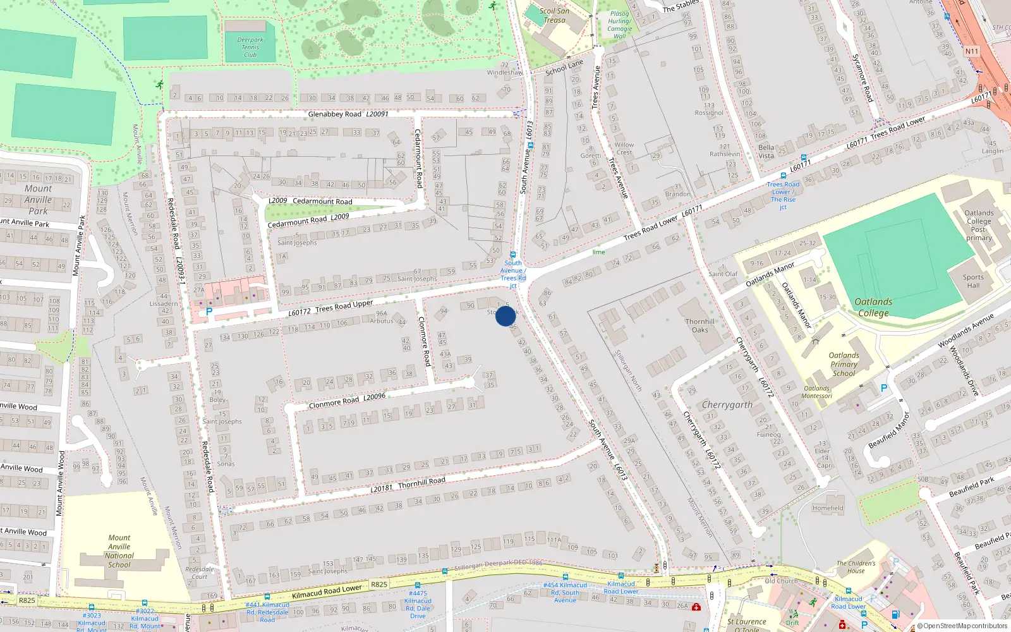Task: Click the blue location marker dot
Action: pyautogui.click(x=505, y=316)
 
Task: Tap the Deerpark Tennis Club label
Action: pyautogui.click(x=250, y=47)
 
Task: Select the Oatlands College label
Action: pyautogui.click(x=873, y=307)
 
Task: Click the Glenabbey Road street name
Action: pyautogui.click(x=335, y=114)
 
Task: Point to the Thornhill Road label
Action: pyautogui.click(x=421, y=482)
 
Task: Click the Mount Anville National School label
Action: pyautogui.click(x=119, y=551)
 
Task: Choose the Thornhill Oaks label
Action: pyautogui.click(x=700, y=325)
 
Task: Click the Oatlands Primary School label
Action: pyautogui.click(x=844, y=364)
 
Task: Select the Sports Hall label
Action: pyautogui.click(x=973, y=281)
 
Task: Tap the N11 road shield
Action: pyautogui.click(x=972, y=51)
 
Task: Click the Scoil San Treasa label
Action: pyautogui.click(x=554, y=15)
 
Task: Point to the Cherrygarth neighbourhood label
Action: pyautogui.click(x=727, y=404)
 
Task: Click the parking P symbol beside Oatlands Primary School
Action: pyautogui.click(x=884, y=388)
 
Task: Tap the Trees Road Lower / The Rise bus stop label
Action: pyautogui.click(x=783, y=195)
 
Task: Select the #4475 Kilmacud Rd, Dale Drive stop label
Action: pyautogui.click(x=418, y=605)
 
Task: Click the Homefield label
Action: pyautogui.click(x=828, y=508)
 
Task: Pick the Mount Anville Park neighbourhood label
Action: pyautogui.click(x=38, y=200)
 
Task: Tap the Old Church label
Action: pyautogui.click(x=781, y=581)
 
